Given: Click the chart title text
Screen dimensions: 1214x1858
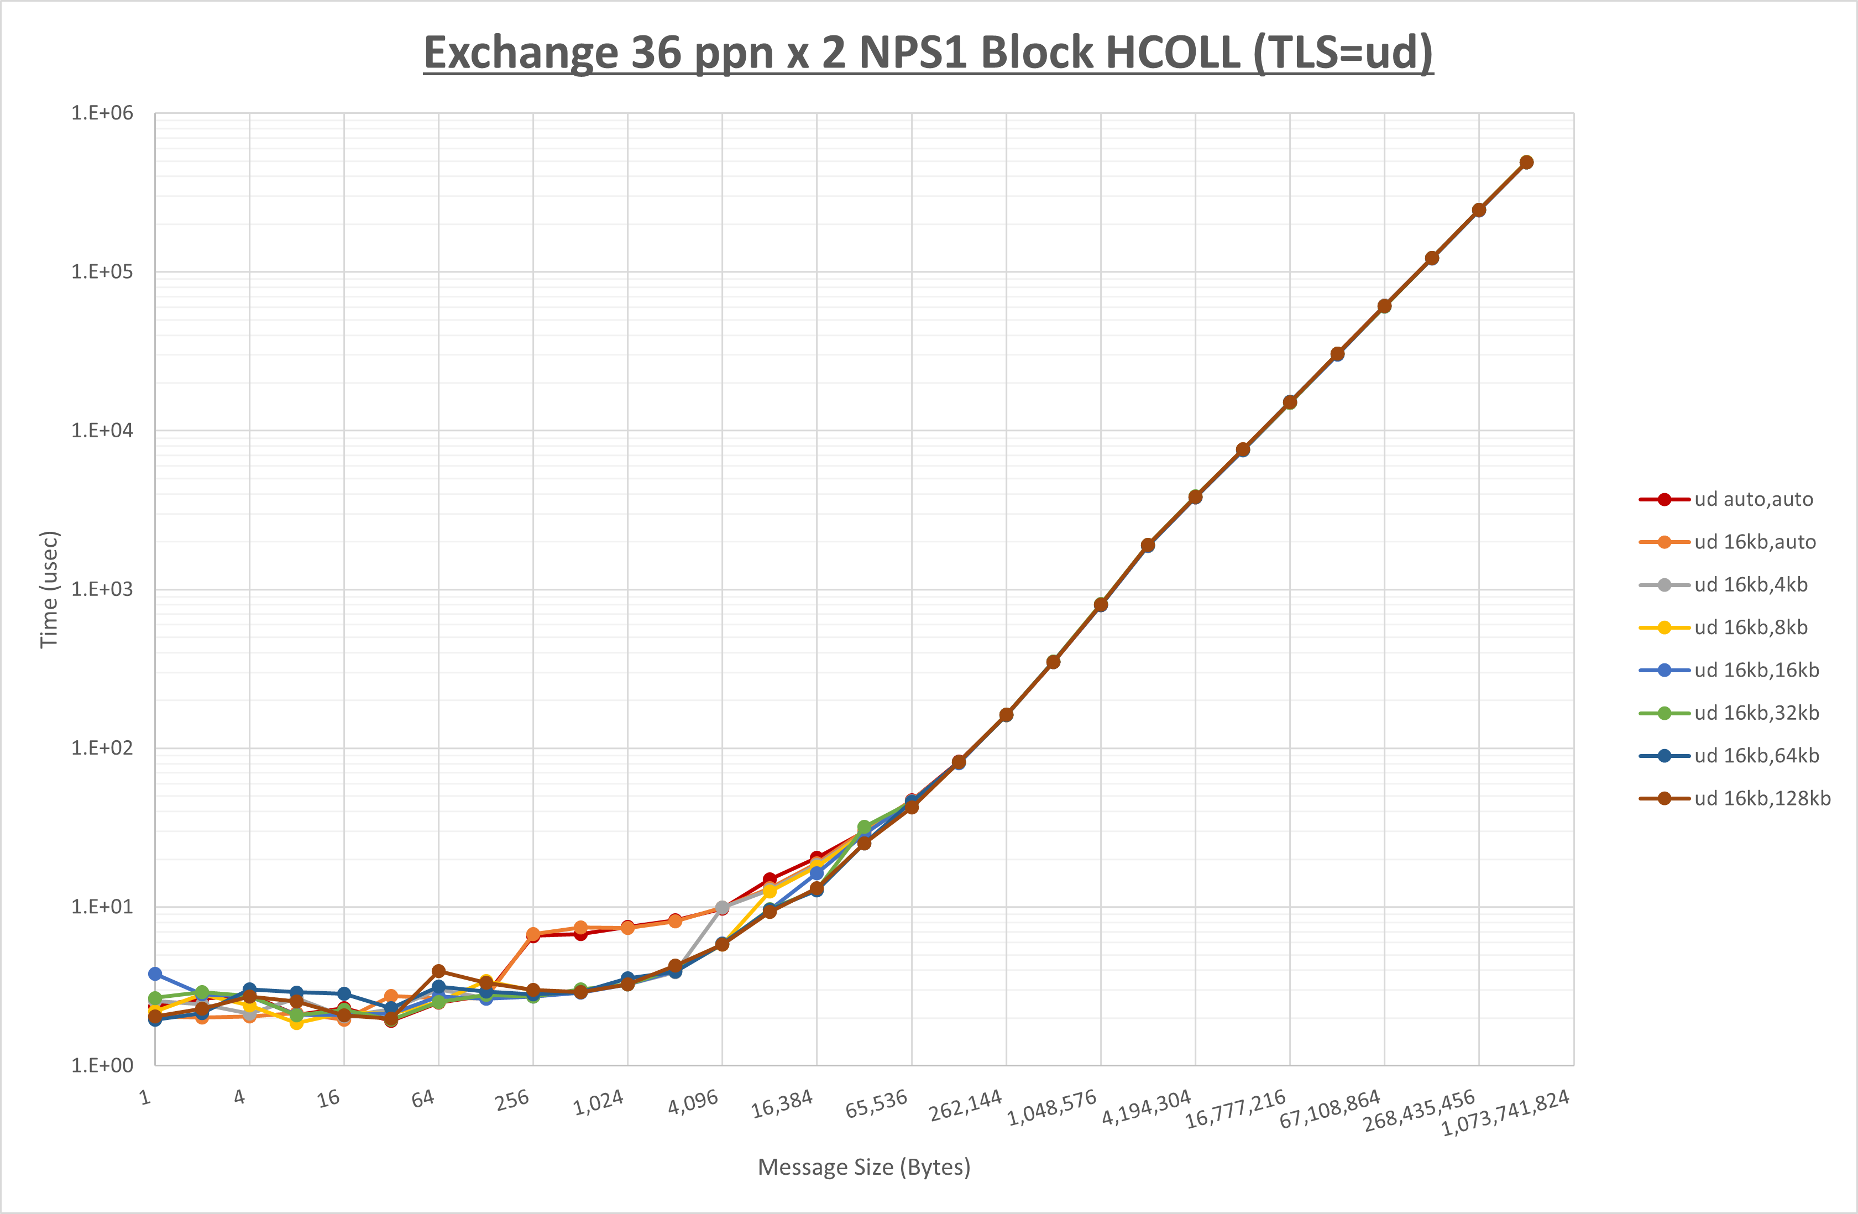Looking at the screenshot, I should pyautogui.click(x=928, y=53).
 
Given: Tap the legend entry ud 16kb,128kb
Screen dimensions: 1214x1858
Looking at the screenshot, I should pyautogui.click(x=1761, y=798).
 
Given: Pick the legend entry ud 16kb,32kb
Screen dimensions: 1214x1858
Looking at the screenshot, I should pyautogui.click(x=1756, y=713).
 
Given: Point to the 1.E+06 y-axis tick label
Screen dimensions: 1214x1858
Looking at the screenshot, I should pyautogui.click(x=102, y=113).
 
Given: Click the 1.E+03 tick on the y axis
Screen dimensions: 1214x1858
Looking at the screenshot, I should pyautogui.click(x=102, y=589).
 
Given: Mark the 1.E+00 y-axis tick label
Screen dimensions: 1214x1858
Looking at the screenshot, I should pyautogui.click(x=102, y=1066).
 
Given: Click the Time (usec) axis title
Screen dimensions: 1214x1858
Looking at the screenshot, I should pyautogui.click(x=49, y=589).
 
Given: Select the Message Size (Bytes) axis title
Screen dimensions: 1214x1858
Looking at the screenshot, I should pyautogui.click(x=863, y=1167).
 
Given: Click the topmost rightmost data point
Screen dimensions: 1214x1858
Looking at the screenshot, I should pyautogui.click(x=1526, y=163).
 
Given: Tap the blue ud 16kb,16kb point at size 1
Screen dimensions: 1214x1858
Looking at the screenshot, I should pyautogui.click(x=155, y=974).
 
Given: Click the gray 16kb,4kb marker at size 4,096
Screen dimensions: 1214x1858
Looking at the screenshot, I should pyautogui.click(x=722, y=907).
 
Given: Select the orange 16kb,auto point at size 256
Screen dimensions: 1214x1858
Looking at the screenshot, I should pyautogui.click(x=533, y=934).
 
